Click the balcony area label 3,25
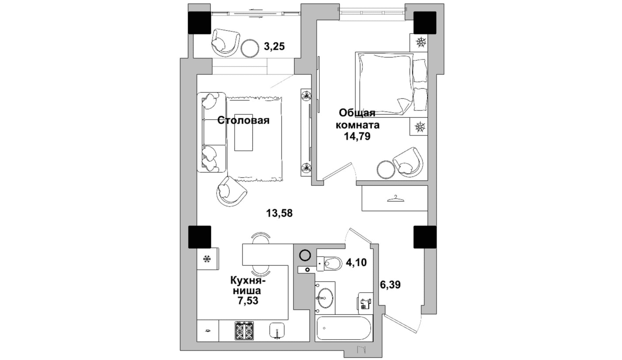click(x=275, y=46)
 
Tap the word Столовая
click(x=243, y=120)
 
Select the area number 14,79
click(x=358, y=136)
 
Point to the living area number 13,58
click(x=279, y=213)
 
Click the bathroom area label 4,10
click(x=356, y=262)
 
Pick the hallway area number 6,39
click(x=390, y=285)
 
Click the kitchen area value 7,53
click(x=248, y=301)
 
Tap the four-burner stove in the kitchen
click(x=244, y=331)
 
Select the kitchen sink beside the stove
click(x=277, y=331)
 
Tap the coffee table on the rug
click(x=243, y=132)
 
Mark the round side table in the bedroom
click(x=386, y=169)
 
